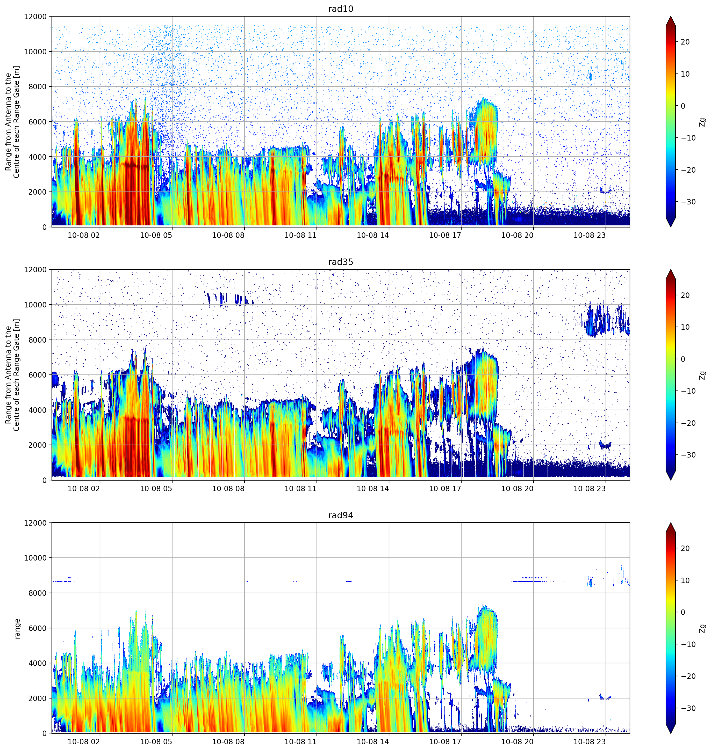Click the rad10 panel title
[x=340, y=9]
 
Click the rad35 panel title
[x=340, y=262]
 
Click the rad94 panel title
[x=340, y=516]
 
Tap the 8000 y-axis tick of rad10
[x=38, y=87]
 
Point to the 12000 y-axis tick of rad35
[x=35, y=270]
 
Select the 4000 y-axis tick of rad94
[x=38, y=663]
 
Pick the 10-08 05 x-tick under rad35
[x=156, y=489]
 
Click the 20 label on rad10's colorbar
[x=685, y=42]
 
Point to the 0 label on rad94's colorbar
[x=683, y=612]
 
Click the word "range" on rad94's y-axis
[x=17, y=629]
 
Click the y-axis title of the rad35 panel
[x=12, y=375]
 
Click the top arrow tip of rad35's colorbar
[x=670, y=270]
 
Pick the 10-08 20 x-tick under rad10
[x=517, y=235]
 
